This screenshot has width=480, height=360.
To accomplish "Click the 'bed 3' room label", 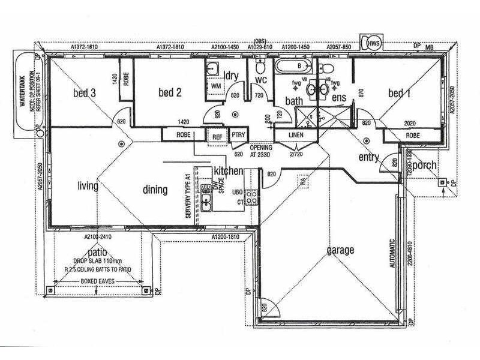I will click(84, 93).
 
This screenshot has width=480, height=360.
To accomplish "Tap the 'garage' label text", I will click(340, 250).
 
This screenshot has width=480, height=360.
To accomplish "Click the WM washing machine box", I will click(215, 86).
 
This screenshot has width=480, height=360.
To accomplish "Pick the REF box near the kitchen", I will click(217, 136).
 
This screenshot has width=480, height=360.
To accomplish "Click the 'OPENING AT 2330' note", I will click(261, 151).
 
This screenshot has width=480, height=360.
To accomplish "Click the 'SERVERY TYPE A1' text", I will click(188, 196).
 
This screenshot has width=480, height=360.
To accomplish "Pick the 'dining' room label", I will click(155, 190).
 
